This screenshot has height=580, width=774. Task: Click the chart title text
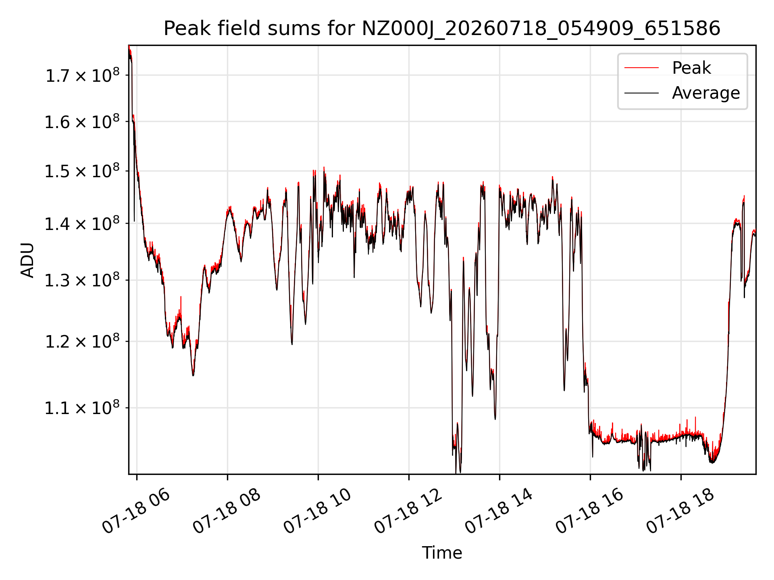(442, 29)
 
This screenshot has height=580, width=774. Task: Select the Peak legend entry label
(691, 68)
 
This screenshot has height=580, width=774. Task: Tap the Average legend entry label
(706, 93)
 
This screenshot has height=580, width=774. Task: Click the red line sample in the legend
(641, 68)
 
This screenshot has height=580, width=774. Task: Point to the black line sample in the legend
(641, 93)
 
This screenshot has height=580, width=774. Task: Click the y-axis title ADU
(27, 260)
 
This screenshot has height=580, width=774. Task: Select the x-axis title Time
(442, 553)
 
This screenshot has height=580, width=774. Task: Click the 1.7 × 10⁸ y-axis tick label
(82, 75)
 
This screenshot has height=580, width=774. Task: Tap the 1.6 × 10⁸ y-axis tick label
(82, 122)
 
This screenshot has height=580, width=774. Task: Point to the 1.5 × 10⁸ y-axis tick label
(82, 171)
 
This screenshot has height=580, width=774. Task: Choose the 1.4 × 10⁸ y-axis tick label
(82, 224)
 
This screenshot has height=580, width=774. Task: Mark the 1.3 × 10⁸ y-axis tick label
(82, 280)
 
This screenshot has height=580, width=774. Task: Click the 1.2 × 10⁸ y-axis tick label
(82, 342)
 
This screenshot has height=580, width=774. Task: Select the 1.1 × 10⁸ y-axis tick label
(82, 408)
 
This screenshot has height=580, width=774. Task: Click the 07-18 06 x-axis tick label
(136, 511)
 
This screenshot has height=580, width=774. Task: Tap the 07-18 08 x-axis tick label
(227, 511)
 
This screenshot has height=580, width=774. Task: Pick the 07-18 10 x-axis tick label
(317, 511)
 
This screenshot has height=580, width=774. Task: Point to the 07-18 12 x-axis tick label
(408, 511)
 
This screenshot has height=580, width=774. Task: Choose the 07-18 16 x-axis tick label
(589, 511)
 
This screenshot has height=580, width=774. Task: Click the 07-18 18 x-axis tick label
(680, 511)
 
